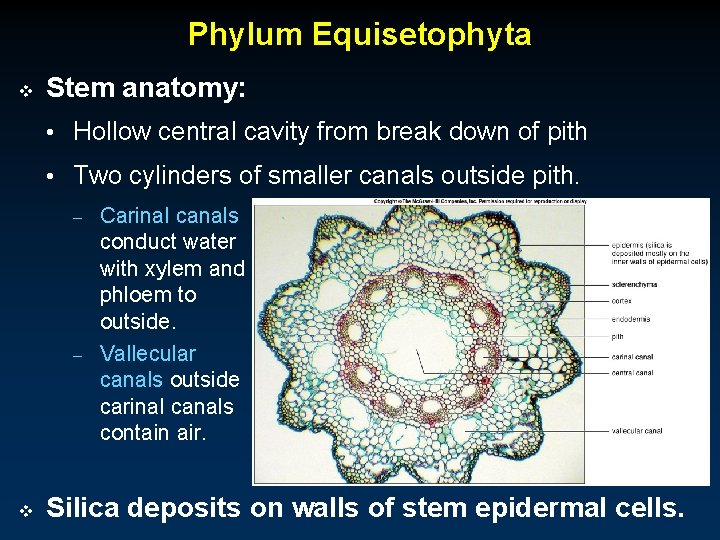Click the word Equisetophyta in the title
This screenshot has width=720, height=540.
pos(421,35)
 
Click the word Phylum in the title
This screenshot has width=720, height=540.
pos(246,35)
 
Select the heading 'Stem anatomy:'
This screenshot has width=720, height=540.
pos(146,89)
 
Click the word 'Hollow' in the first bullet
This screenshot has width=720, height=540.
pos(113,131)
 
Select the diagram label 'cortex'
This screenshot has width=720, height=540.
pos(622,300)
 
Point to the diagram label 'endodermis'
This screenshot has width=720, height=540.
pos(630,319)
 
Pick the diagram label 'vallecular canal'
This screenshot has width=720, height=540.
pos(636,431)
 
